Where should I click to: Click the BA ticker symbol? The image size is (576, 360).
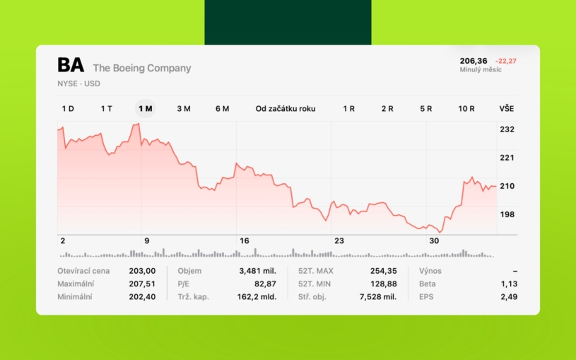pyautogui.click(x=71, y=66)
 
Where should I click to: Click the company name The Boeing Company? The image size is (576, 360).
pyautogui.click(x=142, y=68)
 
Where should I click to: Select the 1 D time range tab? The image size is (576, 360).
pyautogui.click(x=68, y=108)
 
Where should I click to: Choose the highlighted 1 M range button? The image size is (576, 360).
pyautogui.click(x=146, y=108)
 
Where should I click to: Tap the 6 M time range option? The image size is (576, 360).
pyautogui.click(x=222, y=108)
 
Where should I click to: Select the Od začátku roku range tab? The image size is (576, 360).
pyautogui.click(x=286, y=108)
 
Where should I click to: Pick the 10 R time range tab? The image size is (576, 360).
pyautogui.click(x=466, y=108)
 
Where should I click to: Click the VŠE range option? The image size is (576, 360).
pyautogui.click(x=507, y=108)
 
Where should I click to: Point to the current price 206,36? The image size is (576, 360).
pyautogui.click(x=474, y=61)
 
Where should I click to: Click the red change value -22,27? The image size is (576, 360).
pyautogui.click(x=506, y=61)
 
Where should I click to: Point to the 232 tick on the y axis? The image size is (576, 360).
pyautogui.click(x=507, y=129)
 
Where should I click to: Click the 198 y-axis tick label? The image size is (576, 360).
pyautogui.click(x=507, y=214)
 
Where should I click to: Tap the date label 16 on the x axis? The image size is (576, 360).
pyautogui.click(x=245, y=241)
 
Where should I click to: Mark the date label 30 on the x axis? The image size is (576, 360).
pyautogui.click(x=435, y=241)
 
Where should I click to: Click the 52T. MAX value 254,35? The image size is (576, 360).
pyautogui.click(x=383, y=271)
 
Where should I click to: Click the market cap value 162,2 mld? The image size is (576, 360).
pyautogui.click(x=256, y=296)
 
